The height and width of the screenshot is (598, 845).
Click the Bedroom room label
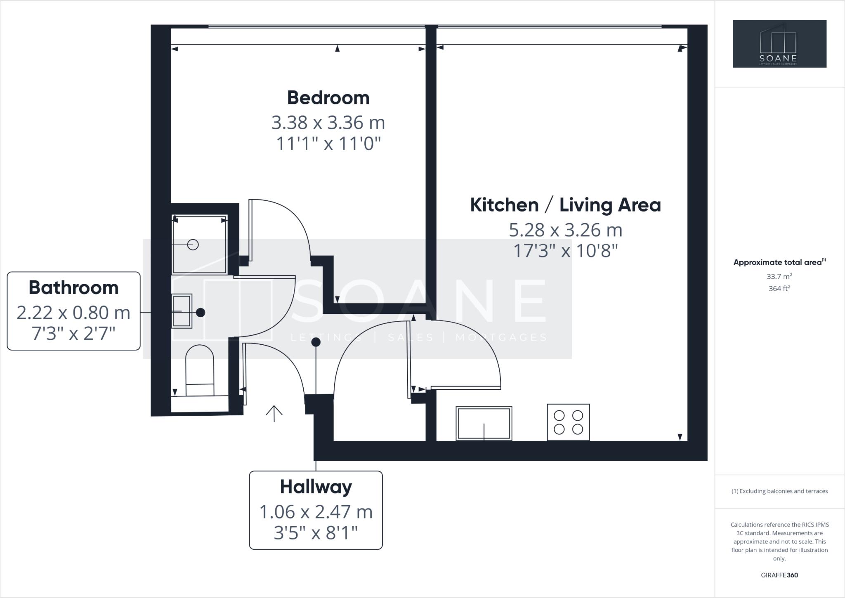[x=328, y=98]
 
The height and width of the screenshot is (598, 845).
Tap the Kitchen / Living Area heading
[x=565, y=205]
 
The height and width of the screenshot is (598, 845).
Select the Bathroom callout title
[x=73, y=288]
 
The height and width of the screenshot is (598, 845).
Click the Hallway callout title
[x=316, y=487]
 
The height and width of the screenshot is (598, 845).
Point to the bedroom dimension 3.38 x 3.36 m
[x=328, y=122]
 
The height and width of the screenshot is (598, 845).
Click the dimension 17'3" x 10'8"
[x=565, y=251]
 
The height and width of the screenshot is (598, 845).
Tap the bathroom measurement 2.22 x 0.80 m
[x=73, y=313]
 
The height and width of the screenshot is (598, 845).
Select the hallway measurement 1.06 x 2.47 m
[x=316, y=512]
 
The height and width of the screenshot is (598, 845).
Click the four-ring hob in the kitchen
[x=568, y=422]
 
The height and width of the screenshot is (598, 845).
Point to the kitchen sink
[x=484, y=423]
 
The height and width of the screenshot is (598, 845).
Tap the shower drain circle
[x=193, y=245]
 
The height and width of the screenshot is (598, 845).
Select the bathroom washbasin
[x=182, y=311]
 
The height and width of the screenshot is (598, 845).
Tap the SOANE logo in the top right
[x=779, y=44]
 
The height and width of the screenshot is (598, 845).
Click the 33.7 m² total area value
[x=779, y=277]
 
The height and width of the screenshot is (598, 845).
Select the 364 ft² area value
[x=779, y=289]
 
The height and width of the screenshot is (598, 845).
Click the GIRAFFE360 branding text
[x=779, y=575]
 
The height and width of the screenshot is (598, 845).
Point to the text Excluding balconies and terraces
[x=783, y=491]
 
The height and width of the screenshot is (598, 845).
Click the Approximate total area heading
[x=778, y=262]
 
